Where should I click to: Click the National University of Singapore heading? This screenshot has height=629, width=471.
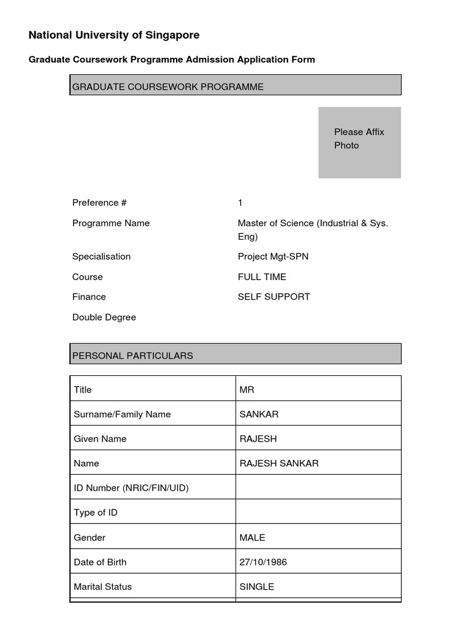tap(114, 36)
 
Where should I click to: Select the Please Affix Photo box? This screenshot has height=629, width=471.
tap(359, 143)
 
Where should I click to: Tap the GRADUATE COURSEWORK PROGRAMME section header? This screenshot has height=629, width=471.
tap(235, 85)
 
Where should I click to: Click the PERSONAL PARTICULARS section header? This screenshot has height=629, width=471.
tap(235, 354)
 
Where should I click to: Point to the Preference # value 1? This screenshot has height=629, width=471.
tap(240, 203)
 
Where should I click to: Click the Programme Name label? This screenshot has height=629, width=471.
tap(111, 224)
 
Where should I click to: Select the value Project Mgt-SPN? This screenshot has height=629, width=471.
tap(273, 257)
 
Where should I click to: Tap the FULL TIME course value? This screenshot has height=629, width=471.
tap(262, 277)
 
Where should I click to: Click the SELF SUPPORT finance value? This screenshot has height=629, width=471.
tap(274, 297)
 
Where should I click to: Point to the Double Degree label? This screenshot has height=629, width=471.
tap(104, 318)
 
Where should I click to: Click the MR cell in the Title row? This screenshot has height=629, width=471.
tap(318, 389)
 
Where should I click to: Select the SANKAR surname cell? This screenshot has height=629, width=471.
tap(318, 414)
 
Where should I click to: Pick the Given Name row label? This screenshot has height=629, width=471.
tap(100, 439)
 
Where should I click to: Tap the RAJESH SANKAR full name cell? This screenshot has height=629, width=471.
tap(318, 463)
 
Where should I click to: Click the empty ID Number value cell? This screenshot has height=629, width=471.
tap(318, 488)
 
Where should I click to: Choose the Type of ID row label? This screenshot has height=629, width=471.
tap(96, 513)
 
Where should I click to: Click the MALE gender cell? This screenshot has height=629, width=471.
tap(318, 537)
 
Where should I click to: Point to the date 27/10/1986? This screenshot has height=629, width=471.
tap(263, 562)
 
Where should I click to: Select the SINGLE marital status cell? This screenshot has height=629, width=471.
tap(318, 587)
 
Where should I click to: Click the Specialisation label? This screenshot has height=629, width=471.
tap(101, 257)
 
